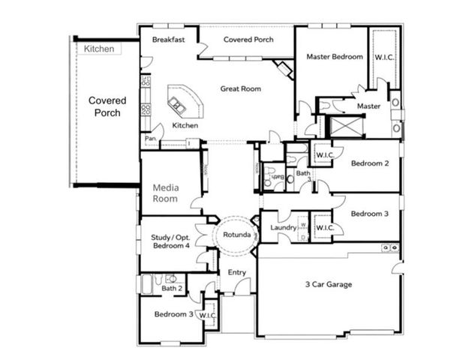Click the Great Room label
[x=240, y=88]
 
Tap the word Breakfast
[x=168, y=39]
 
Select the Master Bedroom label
[x=335, y=56]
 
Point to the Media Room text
[x=166, y=193]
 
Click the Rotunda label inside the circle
[x=236, y=235]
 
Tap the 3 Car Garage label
[x=328, y=284]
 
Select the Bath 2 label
[x=172, y=288]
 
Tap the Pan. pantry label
[x=150, y=139]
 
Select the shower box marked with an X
[x=347, y=125]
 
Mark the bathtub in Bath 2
[x=148, y=284]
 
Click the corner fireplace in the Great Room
[x=284, y=70]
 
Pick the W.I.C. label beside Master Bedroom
[x=384, y=56]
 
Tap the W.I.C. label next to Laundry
[x=324, y=227]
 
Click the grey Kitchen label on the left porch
[x=99, y=49]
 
